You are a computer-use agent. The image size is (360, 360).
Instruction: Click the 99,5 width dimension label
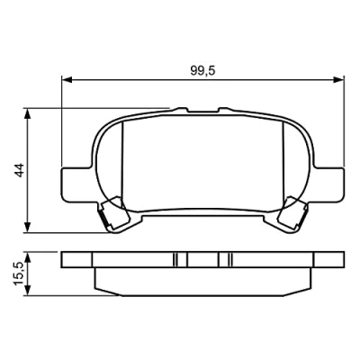(202, 71)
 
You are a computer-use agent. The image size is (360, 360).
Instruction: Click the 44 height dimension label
(20, 170)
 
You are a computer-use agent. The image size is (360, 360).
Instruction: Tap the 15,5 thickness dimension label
(19, 274)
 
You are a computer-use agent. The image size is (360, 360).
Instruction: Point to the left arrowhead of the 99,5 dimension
(67, 79)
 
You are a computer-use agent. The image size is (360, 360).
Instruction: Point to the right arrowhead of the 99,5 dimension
(338, 79)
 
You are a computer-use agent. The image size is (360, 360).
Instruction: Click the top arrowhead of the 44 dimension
(28, 113)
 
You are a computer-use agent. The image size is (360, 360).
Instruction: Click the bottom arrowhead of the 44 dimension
(28, 227)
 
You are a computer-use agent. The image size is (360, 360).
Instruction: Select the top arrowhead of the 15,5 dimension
(28, 258)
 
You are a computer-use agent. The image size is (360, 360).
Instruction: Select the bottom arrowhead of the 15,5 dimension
(28, 290)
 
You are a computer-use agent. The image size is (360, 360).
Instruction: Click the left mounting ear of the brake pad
(76, 184)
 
